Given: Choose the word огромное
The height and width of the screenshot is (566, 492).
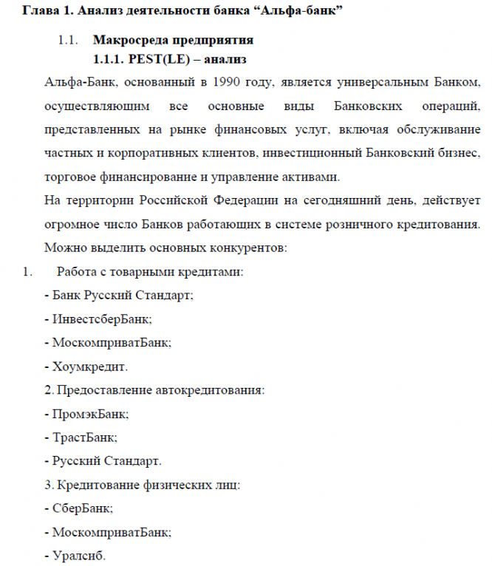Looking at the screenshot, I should coord(72,224).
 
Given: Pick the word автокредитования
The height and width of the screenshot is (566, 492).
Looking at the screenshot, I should coord(211,390).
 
